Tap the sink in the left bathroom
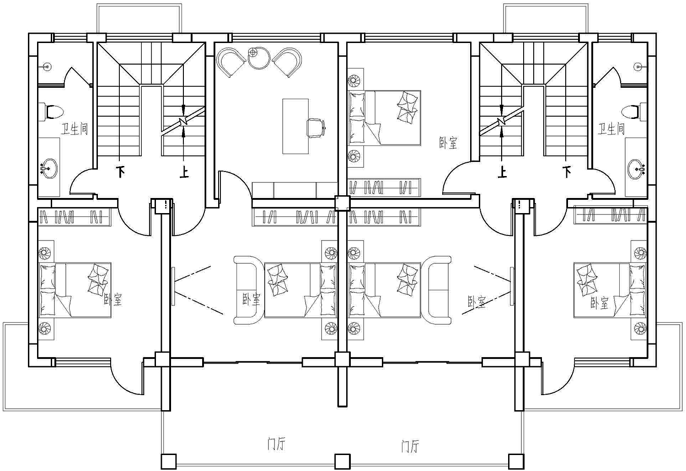click(x=48, y=168)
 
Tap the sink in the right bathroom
click(x=637, y=168)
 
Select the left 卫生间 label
click(x=75, y=129)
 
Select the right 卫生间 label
click(x=611, y=129)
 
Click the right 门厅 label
click(x=410, y=446)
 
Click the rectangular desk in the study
click(x=295, y=126)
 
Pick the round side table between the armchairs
click(x=258, y=58)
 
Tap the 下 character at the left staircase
click(x=121, y=172)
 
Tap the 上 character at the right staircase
click(x=502, y=172)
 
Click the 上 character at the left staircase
click(x=184, y=172)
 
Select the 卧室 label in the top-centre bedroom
click(x=448, y=143)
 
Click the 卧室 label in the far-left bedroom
click(x=113, y=300)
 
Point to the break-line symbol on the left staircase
click(x=183, y=122)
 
